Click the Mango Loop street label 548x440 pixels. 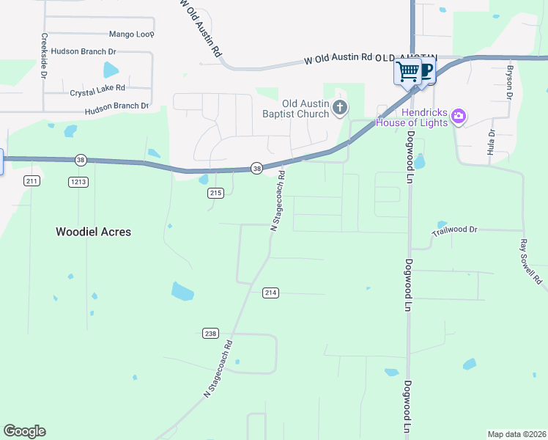[131, 34]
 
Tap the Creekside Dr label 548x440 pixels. [45, 56]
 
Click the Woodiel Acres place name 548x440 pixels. [94, 232]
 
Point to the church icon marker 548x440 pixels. [339, 109]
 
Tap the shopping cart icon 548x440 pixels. [407, 72]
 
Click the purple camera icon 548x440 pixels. [459, 115]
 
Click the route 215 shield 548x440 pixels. [215, 193]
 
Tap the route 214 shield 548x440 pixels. [270, 293]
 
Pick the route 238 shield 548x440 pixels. [211, 333]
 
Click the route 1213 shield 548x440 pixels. [78, 181]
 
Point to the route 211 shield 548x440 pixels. [32, 180]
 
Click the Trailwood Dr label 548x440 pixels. [454, 230]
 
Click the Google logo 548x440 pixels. [24, 431]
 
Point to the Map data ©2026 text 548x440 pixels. [516, 434]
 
